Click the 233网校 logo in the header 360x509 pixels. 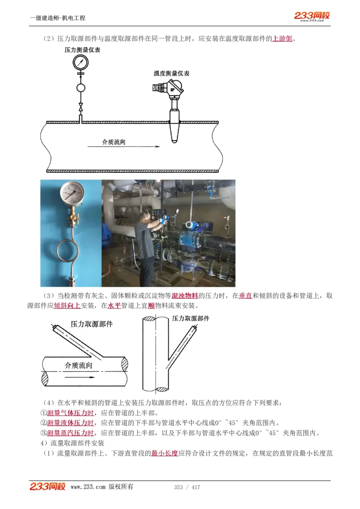pyautogui.click(x=312, y=16)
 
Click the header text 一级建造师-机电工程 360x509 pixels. pyautogui.click(x=58, y=18)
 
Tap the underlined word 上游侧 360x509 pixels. pyautogui.click(x=283, y=39)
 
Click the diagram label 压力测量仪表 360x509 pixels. pyautogui.click(x=82, y=50)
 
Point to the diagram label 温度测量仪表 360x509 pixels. pyautogui.click(x=171, y=73)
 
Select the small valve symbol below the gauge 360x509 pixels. pyautogui.click(x=81, y=107)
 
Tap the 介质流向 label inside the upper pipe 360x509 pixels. pyautogui.click(x=113, y=142)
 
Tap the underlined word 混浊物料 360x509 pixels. pyautogui.click(x=185, y=296)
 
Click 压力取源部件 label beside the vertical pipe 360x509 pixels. pyautogui.click(x=191, y=318)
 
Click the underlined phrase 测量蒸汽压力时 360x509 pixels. pyautogui.click(x=71, y=433)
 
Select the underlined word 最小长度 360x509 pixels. pyautogui.click(x=165, y=453)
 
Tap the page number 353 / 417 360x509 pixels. pyautogui.click(x=187, y=487)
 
